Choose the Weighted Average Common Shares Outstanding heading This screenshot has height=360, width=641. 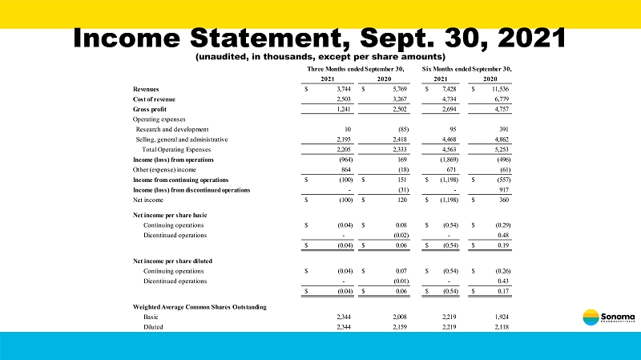pyautogui.click(x=200, y=307)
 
